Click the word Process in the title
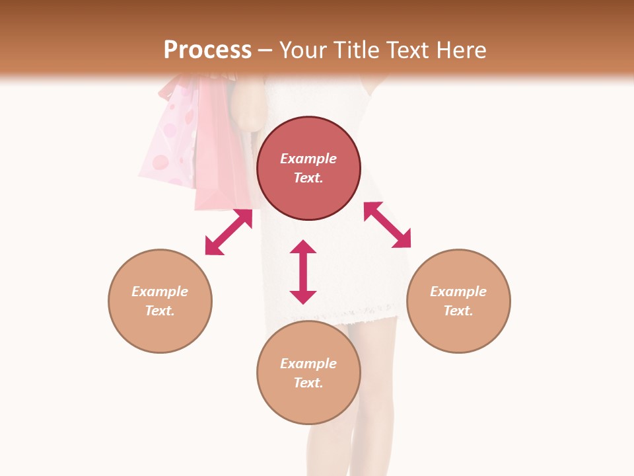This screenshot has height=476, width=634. click(207, 50)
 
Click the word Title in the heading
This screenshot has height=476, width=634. click(355, 50)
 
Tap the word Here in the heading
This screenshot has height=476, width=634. click(460, 50)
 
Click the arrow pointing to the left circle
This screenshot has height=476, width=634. click(229, 232)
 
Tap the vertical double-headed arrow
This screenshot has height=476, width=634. click(303, 272)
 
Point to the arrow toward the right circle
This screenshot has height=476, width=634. click(387, 225)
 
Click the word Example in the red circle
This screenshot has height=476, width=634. click(308, 159)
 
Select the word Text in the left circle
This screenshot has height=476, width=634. click(159, 311)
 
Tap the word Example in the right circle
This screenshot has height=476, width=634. click(458, 292)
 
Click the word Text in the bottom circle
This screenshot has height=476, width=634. click(308, 383)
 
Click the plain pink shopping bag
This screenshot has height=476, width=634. click(221, 152)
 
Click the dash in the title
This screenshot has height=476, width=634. click(265, 50)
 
